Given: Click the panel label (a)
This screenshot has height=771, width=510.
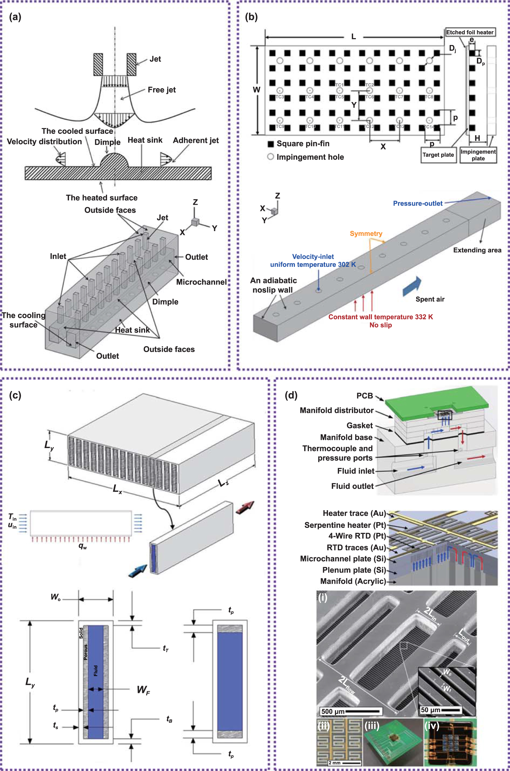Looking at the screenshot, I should (15, 17).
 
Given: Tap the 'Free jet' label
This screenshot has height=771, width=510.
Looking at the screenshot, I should (161, 90).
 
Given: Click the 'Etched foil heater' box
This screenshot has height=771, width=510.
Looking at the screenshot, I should (470, 32).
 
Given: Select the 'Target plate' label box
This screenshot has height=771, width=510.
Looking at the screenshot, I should (438, 155).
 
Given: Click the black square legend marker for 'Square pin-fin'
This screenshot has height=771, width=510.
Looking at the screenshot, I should (270, 144).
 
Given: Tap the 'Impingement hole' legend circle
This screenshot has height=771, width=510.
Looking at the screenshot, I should (270, 157).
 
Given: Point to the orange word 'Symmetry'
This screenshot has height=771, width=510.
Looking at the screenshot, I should (366, 233).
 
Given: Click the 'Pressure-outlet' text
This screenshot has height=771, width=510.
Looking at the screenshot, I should (417, 203).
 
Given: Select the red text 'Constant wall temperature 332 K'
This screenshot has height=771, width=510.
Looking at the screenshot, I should (380, 317).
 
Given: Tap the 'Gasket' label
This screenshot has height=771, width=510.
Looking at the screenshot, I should (359, 426).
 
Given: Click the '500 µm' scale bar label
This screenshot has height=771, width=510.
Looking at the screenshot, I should (333, 712).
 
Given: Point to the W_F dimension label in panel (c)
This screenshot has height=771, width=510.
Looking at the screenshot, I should (143, 690).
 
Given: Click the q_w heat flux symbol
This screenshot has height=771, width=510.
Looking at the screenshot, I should (82, 546).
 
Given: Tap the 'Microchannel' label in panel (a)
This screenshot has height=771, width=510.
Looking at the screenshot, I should (201, 282).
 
